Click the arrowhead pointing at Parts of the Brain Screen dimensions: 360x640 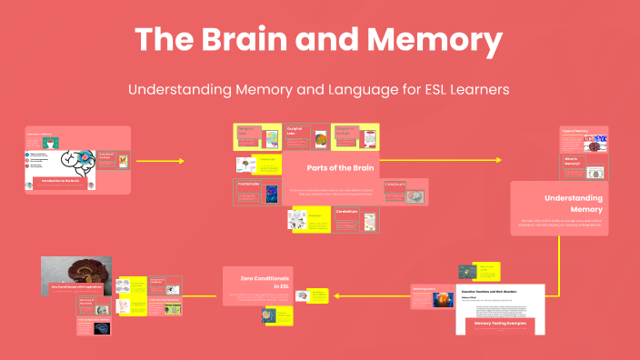point(181,161)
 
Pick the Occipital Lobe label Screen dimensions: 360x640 point(295,132)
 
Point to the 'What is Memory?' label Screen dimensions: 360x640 point(573,161)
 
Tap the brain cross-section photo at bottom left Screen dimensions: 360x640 point(76,275)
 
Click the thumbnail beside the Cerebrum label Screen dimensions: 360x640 point(413,195)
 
